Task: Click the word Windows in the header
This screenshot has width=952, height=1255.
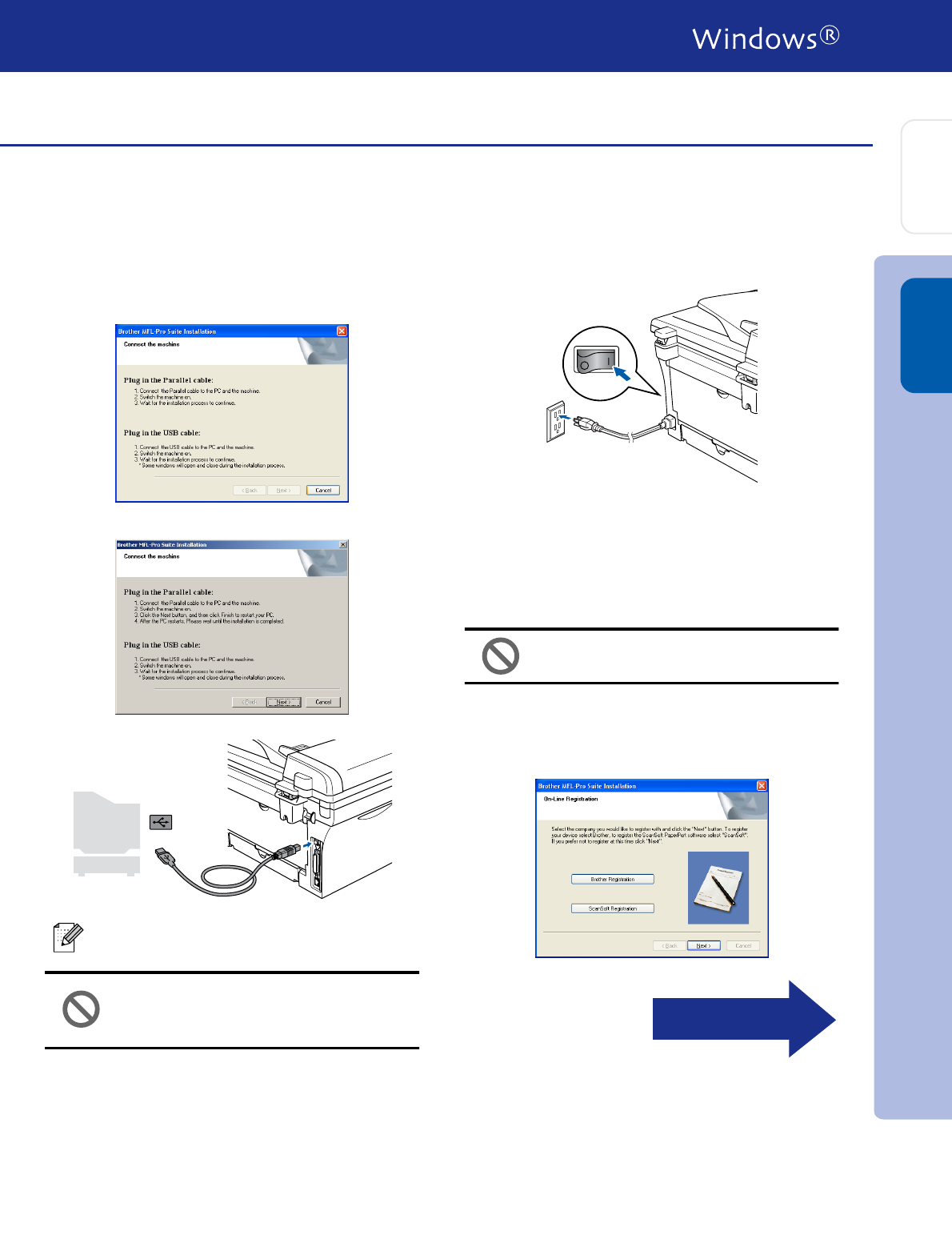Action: [754, 38]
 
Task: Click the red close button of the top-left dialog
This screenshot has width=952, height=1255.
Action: [342, 331]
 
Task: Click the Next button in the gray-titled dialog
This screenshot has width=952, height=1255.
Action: [283, 702]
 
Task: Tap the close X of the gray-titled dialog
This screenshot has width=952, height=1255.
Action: [343, 544]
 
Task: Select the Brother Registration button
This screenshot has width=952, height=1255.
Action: [612, 879]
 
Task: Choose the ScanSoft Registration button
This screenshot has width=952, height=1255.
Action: [612, 908]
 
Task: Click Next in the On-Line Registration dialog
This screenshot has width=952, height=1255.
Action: [703, 945]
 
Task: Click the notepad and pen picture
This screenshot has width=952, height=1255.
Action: [718, 888]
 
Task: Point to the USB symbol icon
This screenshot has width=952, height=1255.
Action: [160, 822]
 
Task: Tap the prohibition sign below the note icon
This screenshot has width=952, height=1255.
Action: [81, 1009]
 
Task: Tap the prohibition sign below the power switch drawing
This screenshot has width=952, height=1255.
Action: [501, 656]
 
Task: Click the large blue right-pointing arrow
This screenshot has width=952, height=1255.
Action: [743, 1019]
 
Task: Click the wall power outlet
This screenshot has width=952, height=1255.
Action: [555, 421]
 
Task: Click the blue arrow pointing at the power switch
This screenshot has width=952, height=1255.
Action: [622, 372]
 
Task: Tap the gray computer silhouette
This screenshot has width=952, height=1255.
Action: [106, 832]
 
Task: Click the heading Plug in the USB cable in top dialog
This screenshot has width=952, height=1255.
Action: [162, 433]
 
